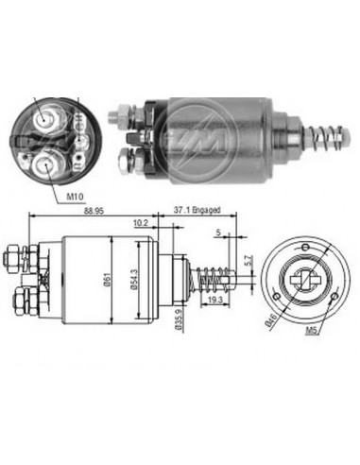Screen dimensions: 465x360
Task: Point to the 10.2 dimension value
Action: click(x=141, y=224)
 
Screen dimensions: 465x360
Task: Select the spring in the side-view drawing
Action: click(x=212, y=280)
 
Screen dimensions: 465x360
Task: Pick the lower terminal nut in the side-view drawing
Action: click(x=20, y=304)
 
